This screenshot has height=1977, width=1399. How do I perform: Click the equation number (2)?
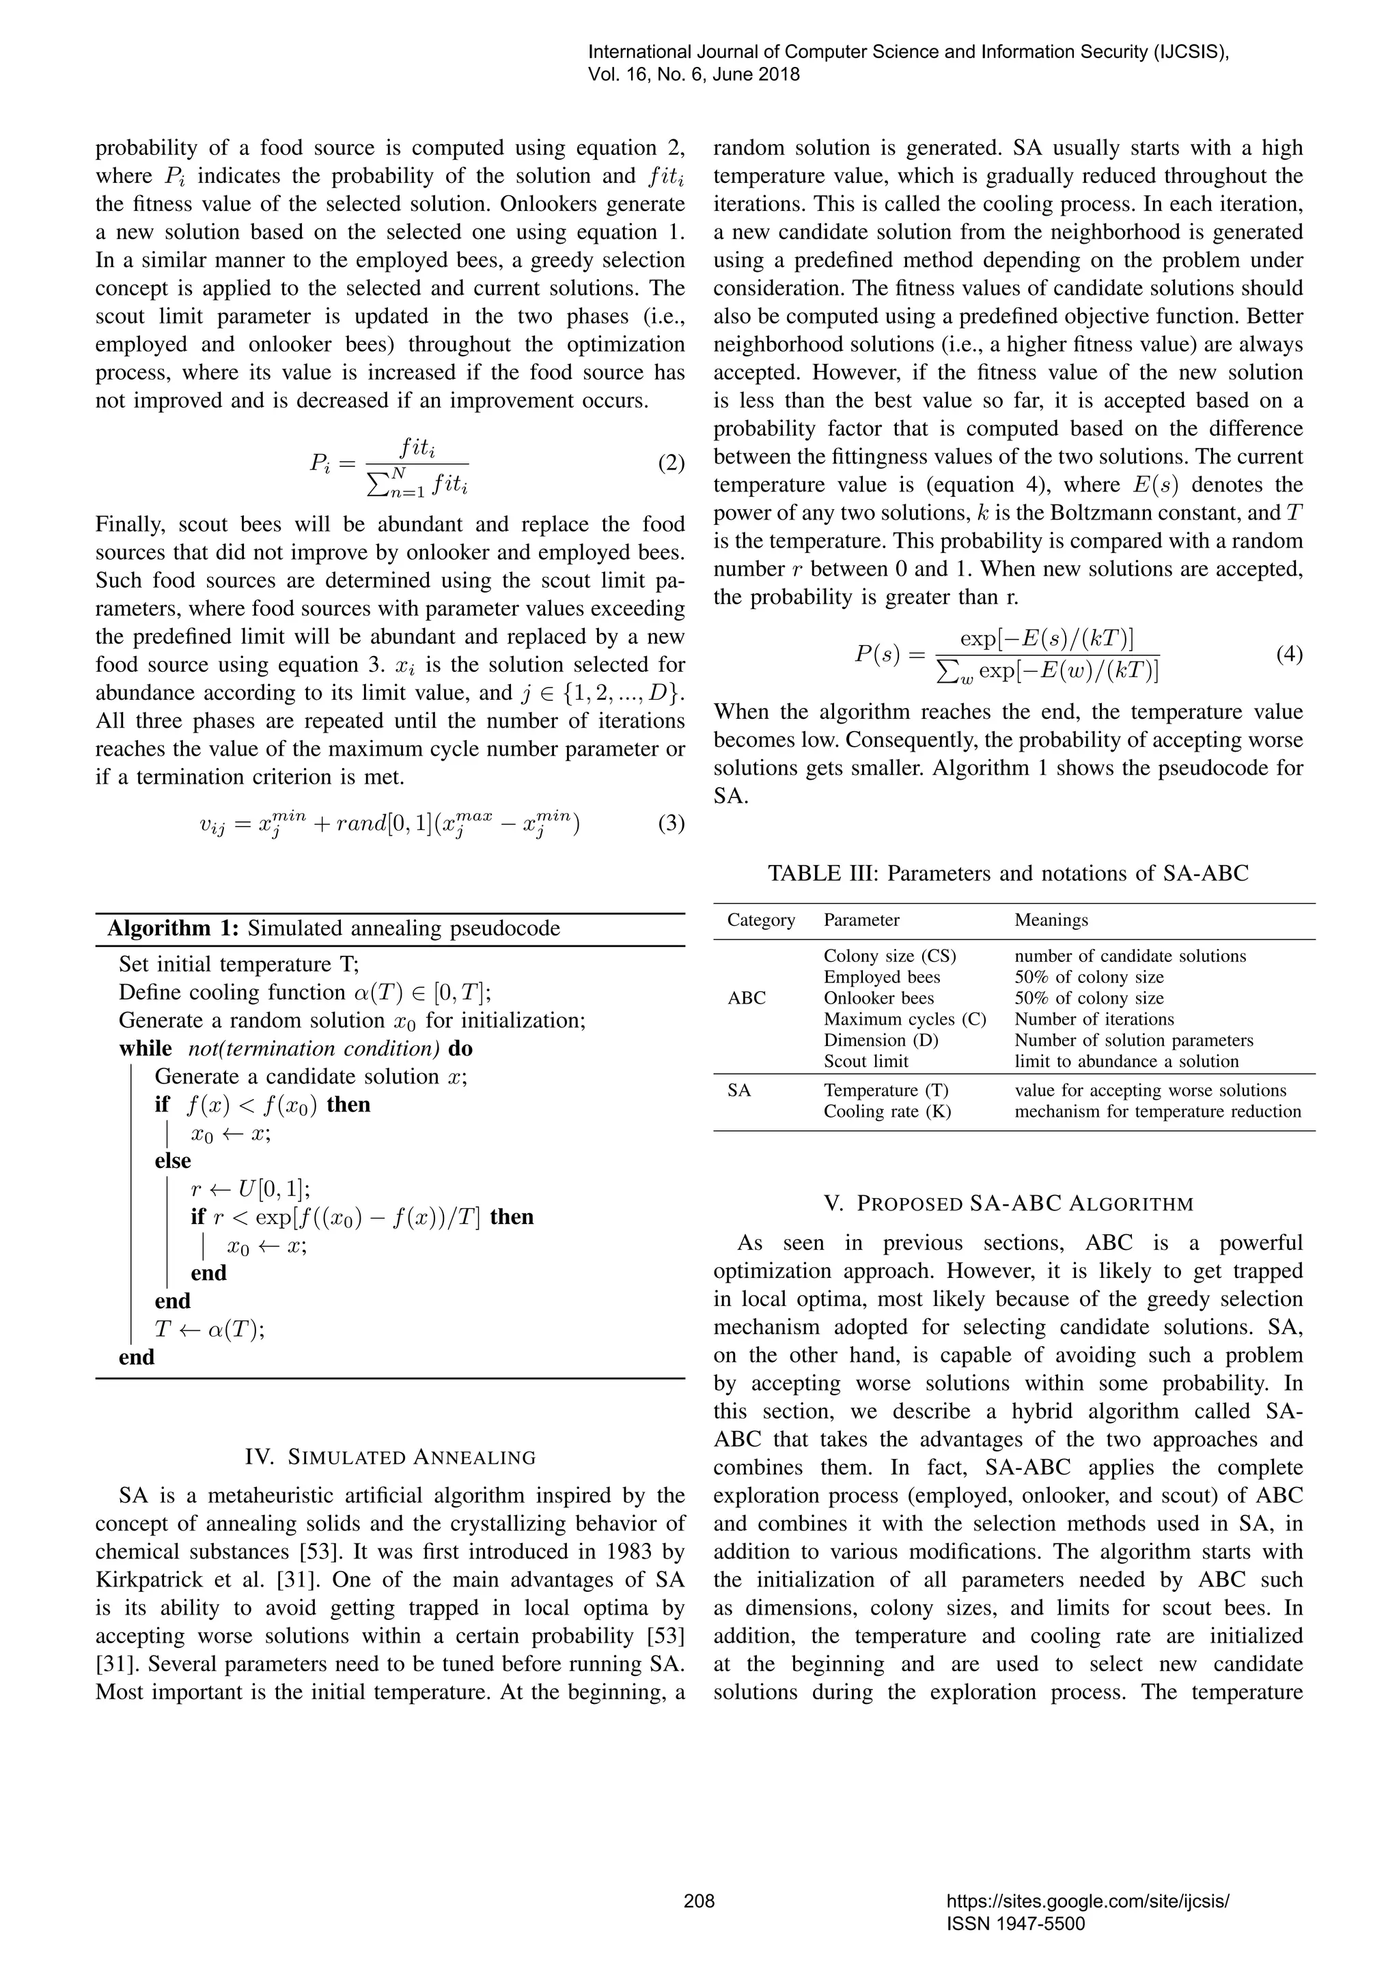click(671, 464)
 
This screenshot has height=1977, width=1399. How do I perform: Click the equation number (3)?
click(671, 823)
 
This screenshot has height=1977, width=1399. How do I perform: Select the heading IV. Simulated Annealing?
click(390, 1457)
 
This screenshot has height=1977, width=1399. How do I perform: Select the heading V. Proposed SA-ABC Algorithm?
click(1008, 1204)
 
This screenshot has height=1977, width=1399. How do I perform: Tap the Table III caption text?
click(1008, 873)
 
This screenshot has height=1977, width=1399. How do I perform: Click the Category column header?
click(761, 920)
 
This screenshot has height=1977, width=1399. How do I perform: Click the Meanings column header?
click(1051, 920)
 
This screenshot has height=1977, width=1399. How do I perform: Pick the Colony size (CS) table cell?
click(890, 956)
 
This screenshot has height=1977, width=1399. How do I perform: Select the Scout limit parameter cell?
click(865, 1061)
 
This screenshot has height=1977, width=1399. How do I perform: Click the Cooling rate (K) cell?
click(887, 1111)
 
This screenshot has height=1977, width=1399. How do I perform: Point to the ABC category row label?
click(746, 998)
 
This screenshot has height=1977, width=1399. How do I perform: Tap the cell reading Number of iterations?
click(1094, 1019)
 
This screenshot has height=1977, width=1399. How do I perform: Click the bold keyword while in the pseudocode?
click(146, 1049)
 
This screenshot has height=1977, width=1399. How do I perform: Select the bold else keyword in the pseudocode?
click(172, 1161)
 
